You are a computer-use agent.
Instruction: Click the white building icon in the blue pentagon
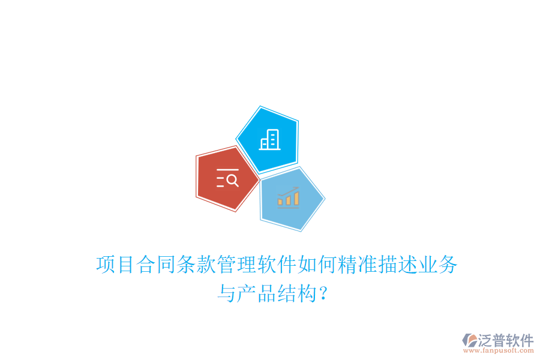[269, 140]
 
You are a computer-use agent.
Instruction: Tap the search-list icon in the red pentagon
[227, 178]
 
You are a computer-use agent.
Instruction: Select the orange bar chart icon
[288, 197]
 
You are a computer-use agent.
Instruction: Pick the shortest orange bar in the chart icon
[280, 202]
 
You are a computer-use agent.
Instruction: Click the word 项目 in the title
[116, 265]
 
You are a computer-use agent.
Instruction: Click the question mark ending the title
[323, 294]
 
